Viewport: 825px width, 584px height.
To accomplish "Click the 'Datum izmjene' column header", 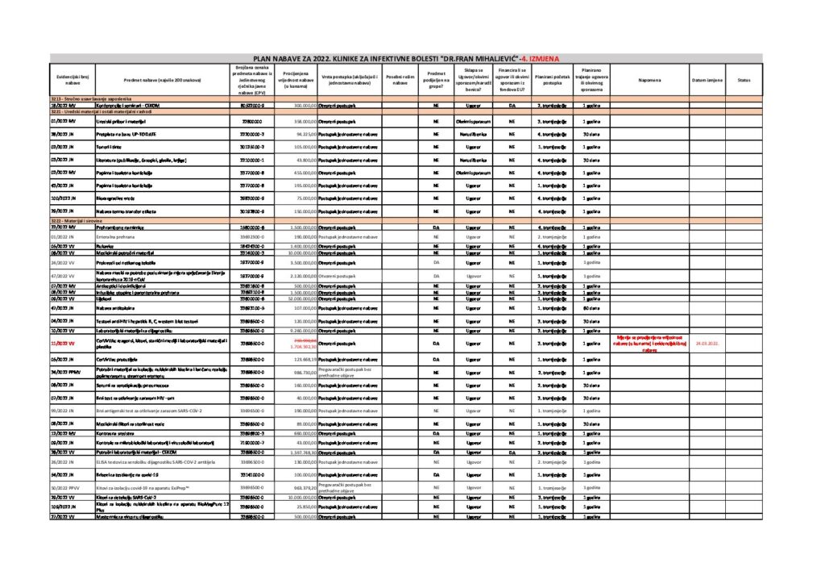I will coord(707,80).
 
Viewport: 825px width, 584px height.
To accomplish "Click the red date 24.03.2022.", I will coord(707,342).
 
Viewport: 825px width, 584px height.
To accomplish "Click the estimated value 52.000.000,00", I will coord(297,298).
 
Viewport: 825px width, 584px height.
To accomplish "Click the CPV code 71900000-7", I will coord(253,443).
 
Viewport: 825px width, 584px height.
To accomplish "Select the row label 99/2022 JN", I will coord(64,411).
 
